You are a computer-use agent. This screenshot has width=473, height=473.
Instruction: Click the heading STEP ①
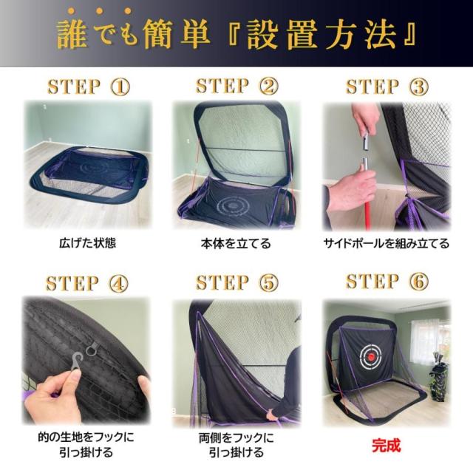point(88,86)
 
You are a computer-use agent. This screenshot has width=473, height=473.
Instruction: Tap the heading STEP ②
point(237,86)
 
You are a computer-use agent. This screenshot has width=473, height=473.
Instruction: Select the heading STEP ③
point(387,86)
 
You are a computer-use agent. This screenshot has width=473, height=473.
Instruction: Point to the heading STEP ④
point(88,283)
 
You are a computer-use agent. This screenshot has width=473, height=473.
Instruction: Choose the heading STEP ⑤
point(237,283)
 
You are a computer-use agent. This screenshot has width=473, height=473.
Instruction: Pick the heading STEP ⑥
point(387,282)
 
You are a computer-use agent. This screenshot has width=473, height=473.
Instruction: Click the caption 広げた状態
point(87,242)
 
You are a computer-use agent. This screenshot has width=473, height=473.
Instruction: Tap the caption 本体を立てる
point(236,242)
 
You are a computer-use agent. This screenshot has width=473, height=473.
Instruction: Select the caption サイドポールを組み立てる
point(386,242)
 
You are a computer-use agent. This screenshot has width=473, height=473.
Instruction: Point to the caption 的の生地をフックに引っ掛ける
point(87,444)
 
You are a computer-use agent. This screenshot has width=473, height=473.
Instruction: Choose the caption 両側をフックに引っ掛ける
point(236,444)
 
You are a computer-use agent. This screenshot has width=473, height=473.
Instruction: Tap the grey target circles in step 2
point(237,203)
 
